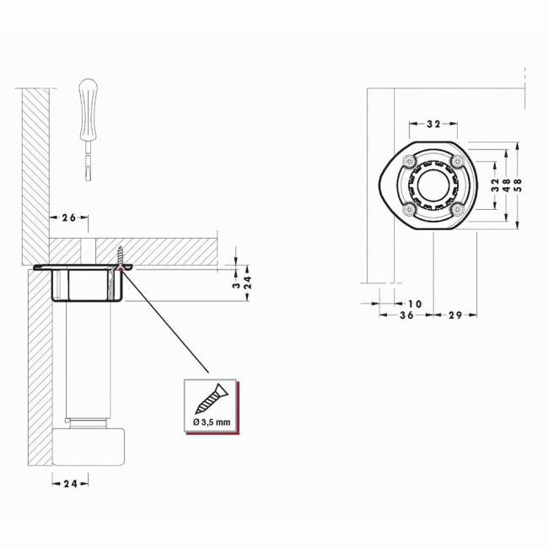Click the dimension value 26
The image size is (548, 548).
[x=69, y=218]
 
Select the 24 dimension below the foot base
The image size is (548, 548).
[x=71, y=483]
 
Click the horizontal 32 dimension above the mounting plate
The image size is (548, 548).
[x=433, y=124]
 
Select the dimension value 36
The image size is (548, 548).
[x=406, y=315]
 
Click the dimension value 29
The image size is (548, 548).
[x=454, y=315]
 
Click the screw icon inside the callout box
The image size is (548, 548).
[x=210, y=396]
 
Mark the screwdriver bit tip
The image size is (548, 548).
[x=89, y=175]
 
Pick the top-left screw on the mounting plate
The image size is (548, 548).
[x=409, y=160]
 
